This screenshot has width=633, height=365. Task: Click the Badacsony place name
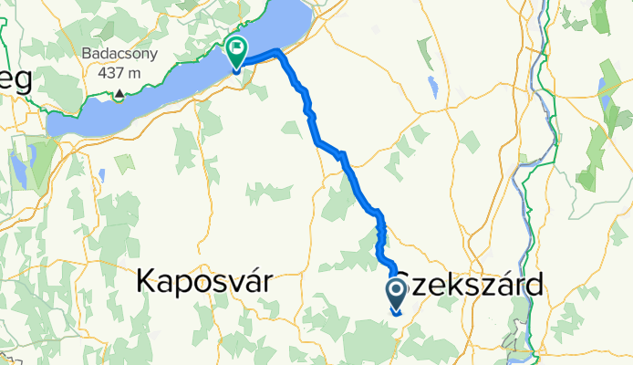pyautogui.click(x=120, y=54)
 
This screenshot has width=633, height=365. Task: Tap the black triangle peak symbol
pyautogui.click(x=119, y=93)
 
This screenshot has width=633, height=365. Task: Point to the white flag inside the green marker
pyautogui.click(x=238, y=48)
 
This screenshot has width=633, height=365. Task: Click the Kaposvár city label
pyautogui.click(x=204, y=282)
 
